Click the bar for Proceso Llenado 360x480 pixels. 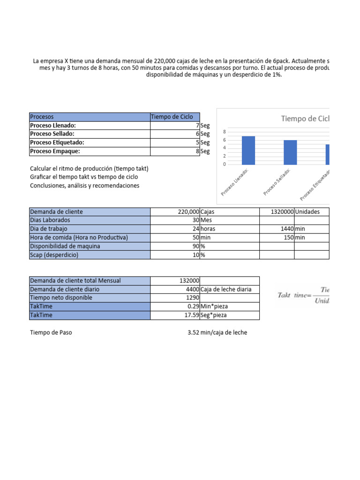pyautogui.click(x=248, y=150)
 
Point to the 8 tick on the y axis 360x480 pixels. pyautogui.click(x=225, y=132)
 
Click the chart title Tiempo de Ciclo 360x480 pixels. pyautogui.click(x=305, y=119)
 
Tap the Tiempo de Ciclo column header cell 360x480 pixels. pyautogui.click(x=174, y=117)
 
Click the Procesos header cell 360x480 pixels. pyautogui.click(x=89, y=117)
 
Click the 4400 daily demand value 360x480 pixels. pyautogui.click(x=192, y=289)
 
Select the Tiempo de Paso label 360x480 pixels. pyautogui.click(x=51, y=332)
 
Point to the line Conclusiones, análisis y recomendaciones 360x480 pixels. pyautogui.click(x=84, y=186)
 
